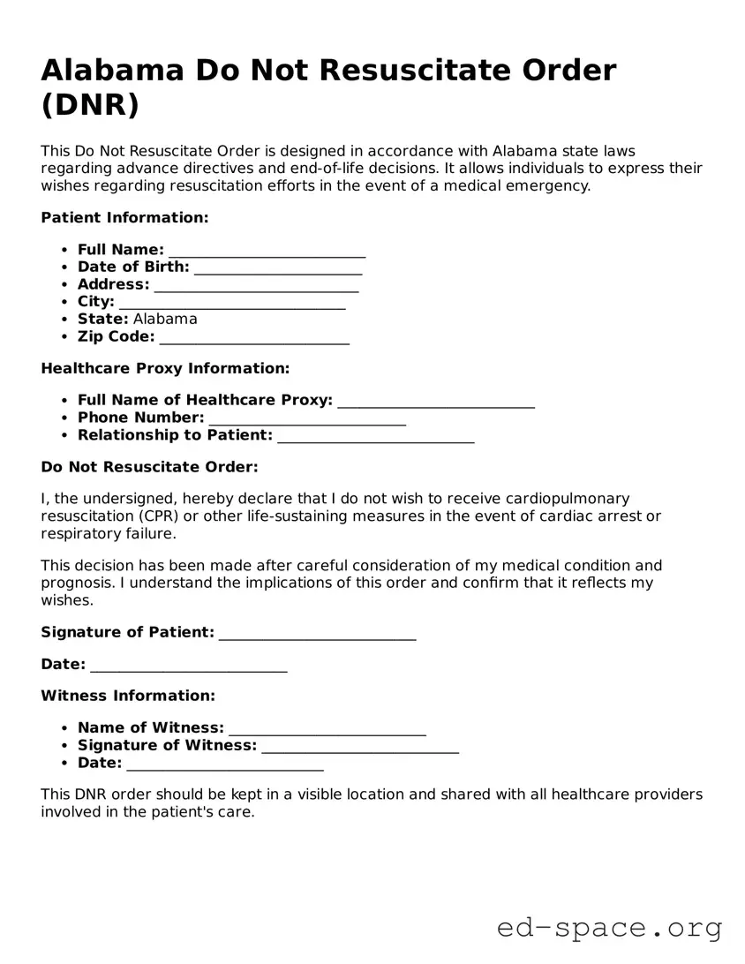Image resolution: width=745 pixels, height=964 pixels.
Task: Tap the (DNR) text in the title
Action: (x=90, y=104)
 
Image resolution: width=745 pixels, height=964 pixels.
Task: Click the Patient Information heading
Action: (x=124, y=217)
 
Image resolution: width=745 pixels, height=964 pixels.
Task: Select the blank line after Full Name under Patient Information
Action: (x=267, y=251)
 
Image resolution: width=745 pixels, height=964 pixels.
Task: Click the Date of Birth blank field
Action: (x=278, y=267)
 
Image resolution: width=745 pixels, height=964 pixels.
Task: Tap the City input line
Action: (x=232, y=302)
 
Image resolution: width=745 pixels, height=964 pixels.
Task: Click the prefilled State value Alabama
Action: (x=165, y=319)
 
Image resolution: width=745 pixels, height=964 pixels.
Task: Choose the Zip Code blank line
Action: (x=254, y=337)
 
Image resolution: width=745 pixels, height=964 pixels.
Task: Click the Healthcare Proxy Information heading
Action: (x=165, y=368)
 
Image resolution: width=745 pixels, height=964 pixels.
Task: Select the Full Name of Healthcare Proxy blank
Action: (x=436, y=401)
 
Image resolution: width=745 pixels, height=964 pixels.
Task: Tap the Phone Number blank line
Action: (x=307, y=418)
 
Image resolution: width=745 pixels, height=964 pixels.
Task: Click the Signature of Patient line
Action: (x=317, y=633)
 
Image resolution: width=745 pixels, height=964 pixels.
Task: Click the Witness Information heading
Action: (x=128, y=696)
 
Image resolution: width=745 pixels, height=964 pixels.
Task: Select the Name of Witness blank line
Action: (x=327, y=728)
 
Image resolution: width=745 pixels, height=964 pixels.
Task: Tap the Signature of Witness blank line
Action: (x=360, y=746)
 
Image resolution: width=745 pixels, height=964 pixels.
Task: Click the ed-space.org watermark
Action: (x=609, y=928)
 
